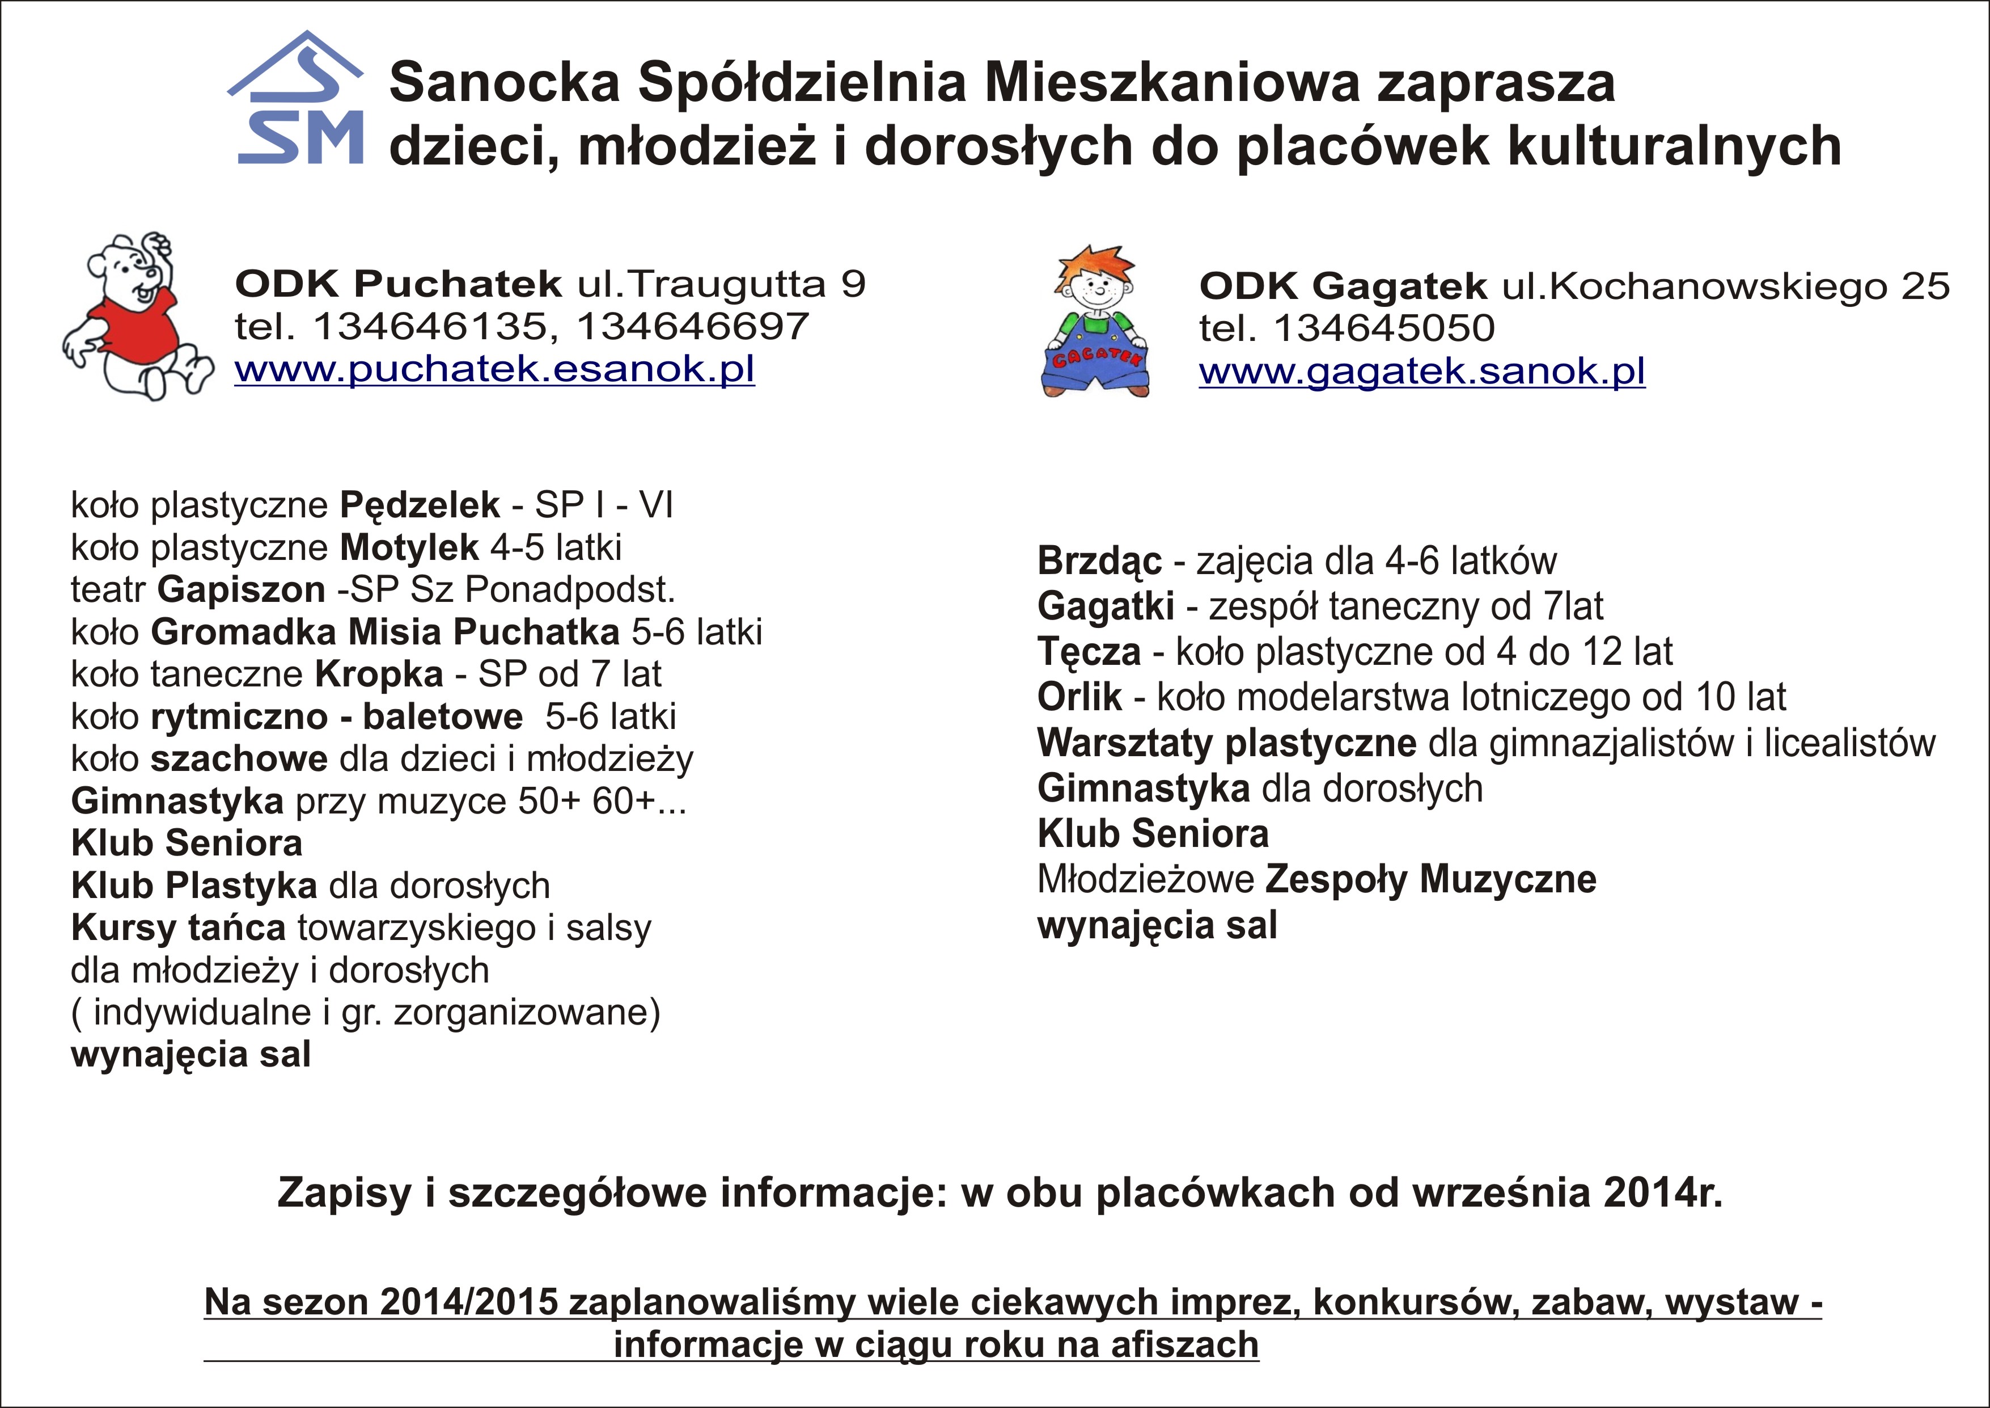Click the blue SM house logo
297,100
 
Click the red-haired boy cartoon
1095,321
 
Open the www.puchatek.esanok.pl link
494,369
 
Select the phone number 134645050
1384,328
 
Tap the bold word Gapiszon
241,589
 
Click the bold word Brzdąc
1099,562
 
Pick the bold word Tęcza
1089,652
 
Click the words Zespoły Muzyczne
1430,880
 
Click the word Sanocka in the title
505,83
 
